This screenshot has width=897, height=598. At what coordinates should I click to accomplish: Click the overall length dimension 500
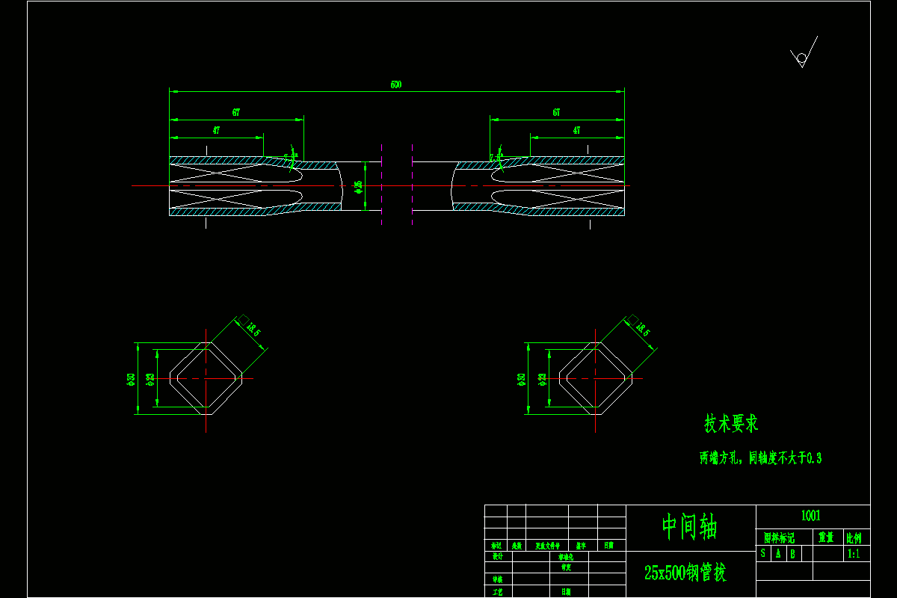(x=396, y=84)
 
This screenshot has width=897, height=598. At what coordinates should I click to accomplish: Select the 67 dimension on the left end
(x=236, y=112)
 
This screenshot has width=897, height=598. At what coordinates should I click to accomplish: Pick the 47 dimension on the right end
(x=576, y=129)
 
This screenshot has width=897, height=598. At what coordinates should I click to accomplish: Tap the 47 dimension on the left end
(x=216, y=129)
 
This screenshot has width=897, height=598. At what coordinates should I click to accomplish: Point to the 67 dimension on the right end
(x=557, y=112)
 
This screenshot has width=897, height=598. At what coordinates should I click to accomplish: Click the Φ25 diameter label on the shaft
(x=358, y=186)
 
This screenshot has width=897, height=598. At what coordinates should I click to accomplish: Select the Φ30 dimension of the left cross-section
(x=132, y=379)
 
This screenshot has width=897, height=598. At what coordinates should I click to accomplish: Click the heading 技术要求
(x=731, y=424)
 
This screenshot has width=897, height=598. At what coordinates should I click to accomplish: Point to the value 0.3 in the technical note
(x=814, y=458)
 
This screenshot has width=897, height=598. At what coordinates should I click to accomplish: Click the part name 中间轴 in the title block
(x=689, y=527)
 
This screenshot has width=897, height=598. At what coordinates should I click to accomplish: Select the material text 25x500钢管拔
(x=685, y=573)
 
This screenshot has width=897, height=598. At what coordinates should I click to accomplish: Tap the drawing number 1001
(x=811, y=516)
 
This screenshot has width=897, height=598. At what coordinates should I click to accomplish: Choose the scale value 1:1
(x=853, y=554)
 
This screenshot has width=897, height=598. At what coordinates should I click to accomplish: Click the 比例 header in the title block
(x=853, y=537)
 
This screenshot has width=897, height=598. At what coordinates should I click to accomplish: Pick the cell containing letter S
(x=763, y=554)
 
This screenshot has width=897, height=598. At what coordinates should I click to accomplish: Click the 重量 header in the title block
(x=826, y=537)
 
